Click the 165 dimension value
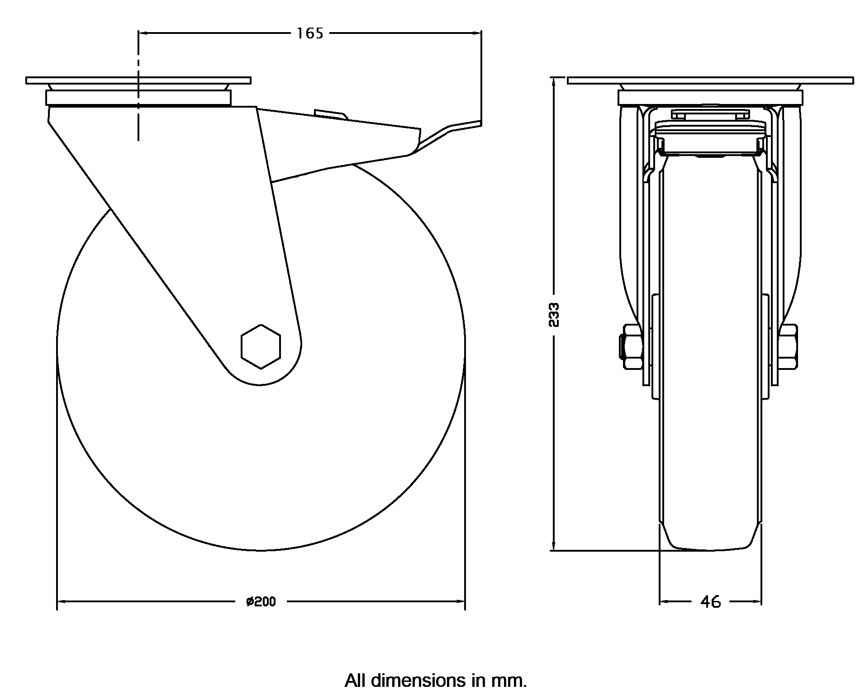click(310, 33)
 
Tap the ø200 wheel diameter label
click(261, 602)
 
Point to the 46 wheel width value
click(710, 602)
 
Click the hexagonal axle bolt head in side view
click(261, 347)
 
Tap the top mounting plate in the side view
click(138, 80)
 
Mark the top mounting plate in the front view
click(710, 80)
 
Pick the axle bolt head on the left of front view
click(629, 347)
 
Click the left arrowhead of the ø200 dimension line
click(61, 602)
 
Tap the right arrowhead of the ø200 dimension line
click(461, 602)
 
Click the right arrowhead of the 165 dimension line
click(477, 33)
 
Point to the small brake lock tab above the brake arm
click(331, 113)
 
